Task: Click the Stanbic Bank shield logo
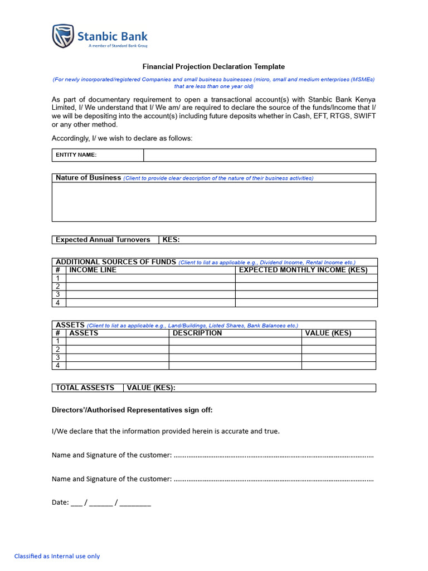click(x=63, y=36)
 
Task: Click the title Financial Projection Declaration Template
click(x=213, y=66)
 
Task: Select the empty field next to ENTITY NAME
click(x=259, y=155)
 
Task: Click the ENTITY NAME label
click(x=76, y=155)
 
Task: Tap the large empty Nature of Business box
click(x=213, y=202)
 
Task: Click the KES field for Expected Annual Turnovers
click(x=267, y=240)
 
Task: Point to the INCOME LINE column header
click(x=93, y=270)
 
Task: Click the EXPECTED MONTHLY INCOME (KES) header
click(x=303, y=270)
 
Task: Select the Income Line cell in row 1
click(x=150, y=278)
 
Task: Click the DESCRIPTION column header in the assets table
click(x=197, y=333)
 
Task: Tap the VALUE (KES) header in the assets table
click(x=328, y=333)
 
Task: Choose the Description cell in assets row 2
click(x=235, y=350)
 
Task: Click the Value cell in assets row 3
click(x=338, y=357)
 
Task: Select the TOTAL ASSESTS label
click(x=85, y=388)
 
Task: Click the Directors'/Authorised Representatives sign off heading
click(x=132, y=410)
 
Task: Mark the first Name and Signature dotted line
click(x=273, y=456)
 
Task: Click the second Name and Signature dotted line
click(x=273, y=480)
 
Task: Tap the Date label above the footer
click(x=60, y=502)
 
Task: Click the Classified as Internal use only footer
click(x=57, y=556)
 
